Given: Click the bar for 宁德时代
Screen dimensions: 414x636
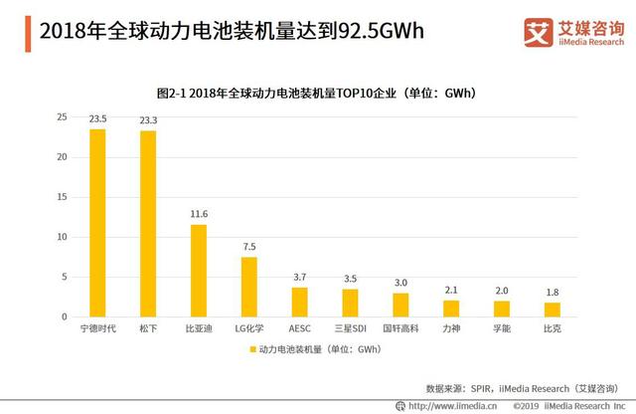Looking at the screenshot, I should [x=97, y=223].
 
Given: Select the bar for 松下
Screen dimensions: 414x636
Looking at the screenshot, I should [x=148, y=224].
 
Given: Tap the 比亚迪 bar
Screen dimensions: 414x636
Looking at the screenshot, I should [x=199, y=271].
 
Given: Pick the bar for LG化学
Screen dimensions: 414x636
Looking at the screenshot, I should [x=249, y=287].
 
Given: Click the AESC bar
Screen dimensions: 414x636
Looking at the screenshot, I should [x=299, y=302].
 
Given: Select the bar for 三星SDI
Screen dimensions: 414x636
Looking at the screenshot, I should [x=350, y=303].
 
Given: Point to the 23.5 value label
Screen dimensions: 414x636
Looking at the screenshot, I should [x=97, y=118].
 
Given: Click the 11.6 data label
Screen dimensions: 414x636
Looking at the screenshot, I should [x=199, y=214].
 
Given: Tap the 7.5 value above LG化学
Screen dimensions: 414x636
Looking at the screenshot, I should [x=249, y=247].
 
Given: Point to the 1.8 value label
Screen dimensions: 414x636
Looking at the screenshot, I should [x=552, y=292].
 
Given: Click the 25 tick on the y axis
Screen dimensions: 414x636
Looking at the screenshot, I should [x=62, y=117].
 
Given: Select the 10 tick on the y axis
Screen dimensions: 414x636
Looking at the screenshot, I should [x=62, y=237].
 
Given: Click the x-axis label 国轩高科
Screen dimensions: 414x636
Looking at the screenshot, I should [x=400, y=327].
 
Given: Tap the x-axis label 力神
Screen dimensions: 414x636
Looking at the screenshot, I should [x=451, y=327].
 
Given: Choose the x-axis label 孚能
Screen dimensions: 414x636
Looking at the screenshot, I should [x=502, y=327].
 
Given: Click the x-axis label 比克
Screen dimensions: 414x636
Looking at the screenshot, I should [x=552, y=327].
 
